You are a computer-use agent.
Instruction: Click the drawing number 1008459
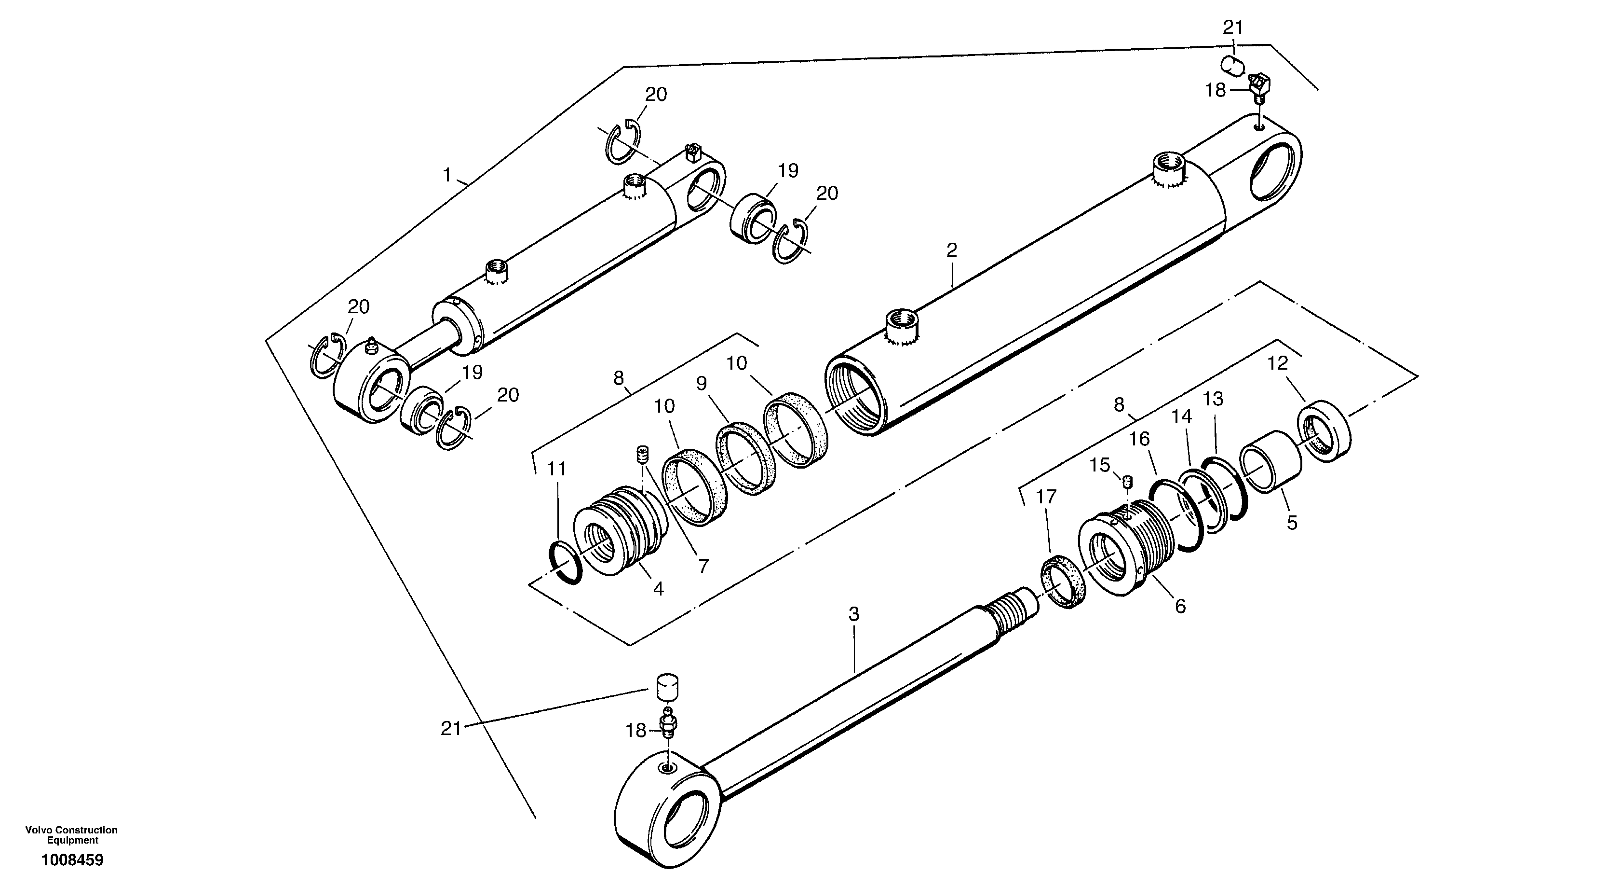pyautogui.click(x=72, y=860)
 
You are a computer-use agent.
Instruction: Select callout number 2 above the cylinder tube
pyautogui.click(x=951, y=250)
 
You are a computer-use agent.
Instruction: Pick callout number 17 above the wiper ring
pyautogui.click(x=1046, y=497)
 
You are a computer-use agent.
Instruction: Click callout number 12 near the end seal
pyautogui.click(x=1278, y=363)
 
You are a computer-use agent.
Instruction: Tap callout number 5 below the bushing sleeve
pyautogui.click(x=1292, y=523)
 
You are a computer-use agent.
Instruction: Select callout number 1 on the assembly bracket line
pyautogui.click(x=446, y=175)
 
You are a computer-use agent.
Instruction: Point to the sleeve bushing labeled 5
pyautogui.click(x=1271, y=461)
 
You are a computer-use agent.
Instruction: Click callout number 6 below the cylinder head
pyautogui.click(x=1180, y=606)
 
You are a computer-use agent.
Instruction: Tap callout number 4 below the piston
pyautogui.click(x=658, y=588)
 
